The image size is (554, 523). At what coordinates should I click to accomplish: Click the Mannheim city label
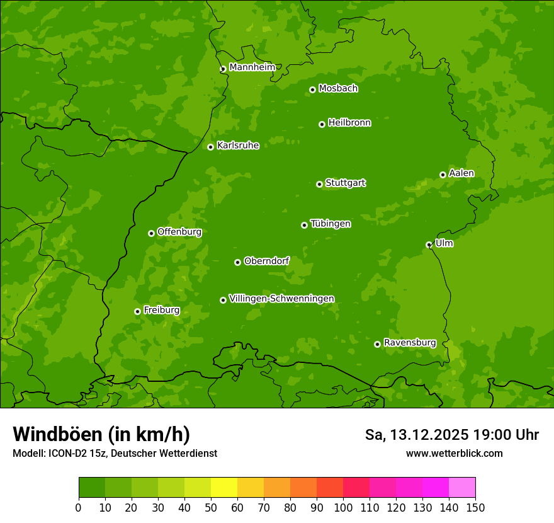(x=252, y=67)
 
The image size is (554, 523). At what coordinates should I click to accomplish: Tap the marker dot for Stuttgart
(x=319, y=184)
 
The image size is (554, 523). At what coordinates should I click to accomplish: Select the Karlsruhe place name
(x=238, y=146)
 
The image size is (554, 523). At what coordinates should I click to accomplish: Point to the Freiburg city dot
(x=137, y=311)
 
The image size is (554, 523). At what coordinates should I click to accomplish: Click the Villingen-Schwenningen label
(x=281, y=299)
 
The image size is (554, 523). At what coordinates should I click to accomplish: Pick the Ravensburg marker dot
(x=377, y=344)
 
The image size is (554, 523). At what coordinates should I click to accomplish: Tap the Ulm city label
(x=444, y=243)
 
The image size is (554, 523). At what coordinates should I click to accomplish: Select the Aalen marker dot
(x=443, y=175)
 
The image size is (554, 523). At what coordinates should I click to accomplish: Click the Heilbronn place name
(x=349, y=123)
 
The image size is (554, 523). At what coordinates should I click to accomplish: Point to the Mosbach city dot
(x=312, y=89)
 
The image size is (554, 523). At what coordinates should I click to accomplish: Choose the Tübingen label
(x=331, y=224)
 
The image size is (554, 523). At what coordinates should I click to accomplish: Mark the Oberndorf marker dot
(x=237, y=262)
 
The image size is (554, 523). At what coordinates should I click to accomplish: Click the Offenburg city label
(x=179, y=232)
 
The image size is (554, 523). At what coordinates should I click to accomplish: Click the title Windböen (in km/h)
(x=101, y=434)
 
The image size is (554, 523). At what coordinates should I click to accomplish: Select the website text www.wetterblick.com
(x=454, y=453)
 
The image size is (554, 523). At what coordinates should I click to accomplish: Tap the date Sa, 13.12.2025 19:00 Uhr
(x=451, y=435)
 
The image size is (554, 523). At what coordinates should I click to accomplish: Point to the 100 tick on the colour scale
(x=343, y=507)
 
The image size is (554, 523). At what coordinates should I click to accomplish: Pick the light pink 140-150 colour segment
(x=462, y=488)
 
